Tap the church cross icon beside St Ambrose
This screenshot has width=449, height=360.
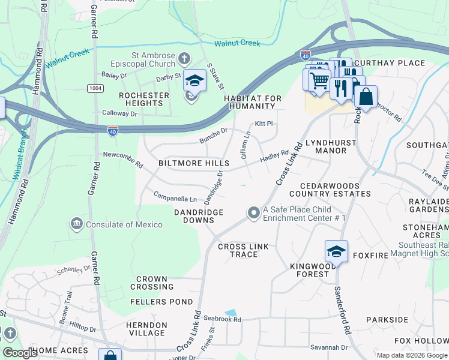coord(184,59)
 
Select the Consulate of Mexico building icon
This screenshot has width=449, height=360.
coord(76,224)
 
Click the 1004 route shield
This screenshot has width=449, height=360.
coord(95,88)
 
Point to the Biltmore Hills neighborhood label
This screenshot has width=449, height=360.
coord(193,163)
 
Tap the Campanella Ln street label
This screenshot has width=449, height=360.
coord(175,197)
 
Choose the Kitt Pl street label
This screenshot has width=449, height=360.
coord(264,124)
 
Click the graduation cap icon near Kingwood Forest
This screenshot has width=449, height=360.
coord(336,251)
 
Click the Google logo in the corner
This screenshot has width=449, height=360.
coord(20,353)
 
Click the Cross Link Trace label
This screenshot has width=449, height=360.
coord(238,250)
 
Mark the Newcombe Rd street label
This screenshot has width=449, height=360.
coord(123,160)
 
